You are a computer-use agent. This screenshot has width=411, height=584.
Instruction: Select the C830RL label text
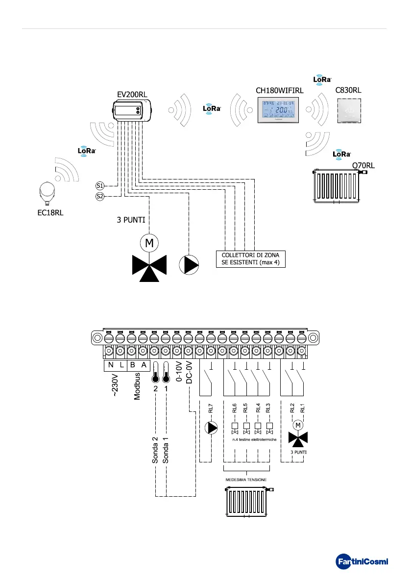348,90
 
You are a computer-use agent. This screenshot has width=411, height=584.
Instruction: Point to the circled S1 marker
99,186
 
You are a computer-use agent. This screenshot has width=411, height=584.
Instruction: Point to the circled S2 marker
99,197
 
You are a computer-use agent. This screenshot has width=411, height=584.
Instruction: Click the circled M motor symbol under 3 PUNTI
147,242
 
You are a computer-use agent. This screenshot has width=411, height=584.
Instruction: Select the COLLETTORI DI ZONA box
250,258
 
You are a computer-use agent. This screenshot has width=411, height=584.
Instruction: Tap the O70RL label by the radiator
363,166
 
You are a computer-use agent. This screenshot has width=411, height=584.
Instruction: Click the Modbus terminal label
138,386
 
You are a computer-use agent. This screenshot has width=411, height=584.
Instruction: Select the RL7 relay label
211,407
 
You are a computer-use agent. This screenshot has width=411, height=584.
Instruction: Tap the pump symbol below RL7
211,428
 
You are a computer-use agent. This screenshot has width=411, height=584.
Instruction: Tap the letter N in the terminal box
110,365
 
